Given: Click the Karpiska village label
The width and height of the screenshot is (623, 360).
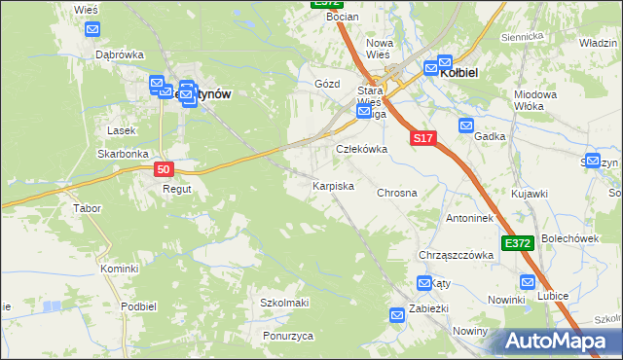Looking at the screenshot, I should pos(332,185).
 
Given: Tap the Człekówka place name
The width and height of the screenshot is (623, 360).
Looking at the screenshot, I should pos(362,149).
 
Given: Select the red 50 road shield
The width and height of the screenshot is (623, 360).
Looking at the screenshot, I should pos(164,169).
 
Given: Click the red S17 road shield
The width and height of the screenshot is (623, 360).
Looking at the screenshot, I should pos(421,139).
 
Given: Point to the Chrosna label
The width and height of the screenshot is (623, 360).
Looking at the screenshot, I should pos(397,193).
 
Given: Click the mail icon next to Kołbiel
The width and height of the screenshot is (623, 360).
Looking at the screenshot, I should pos(430,69).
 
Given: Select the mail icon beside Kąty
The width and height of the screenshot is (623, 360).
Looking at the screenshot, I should pos(424,283).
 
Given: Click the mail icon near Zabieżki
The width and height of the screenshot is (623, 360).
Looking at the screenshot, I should pos(397,315).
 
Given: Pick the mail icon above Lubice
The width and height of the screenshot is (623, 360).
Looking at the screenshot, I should pos(529,283).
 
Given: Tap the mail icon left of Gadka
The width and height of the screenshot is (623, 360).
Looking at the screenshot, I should pos(466,126).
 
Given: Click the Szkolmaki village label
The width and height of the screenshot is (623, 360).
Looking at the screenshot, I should pos(284,303).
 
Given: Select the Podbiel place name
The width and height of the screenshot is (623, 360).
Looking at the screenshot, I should pos(139,306).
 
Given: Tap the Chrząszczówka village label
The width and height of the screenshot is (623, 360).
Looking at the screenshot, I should pos(456,255).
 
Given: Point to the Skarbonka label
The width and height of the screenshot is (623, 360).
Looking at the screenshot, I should pos(122,154).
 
